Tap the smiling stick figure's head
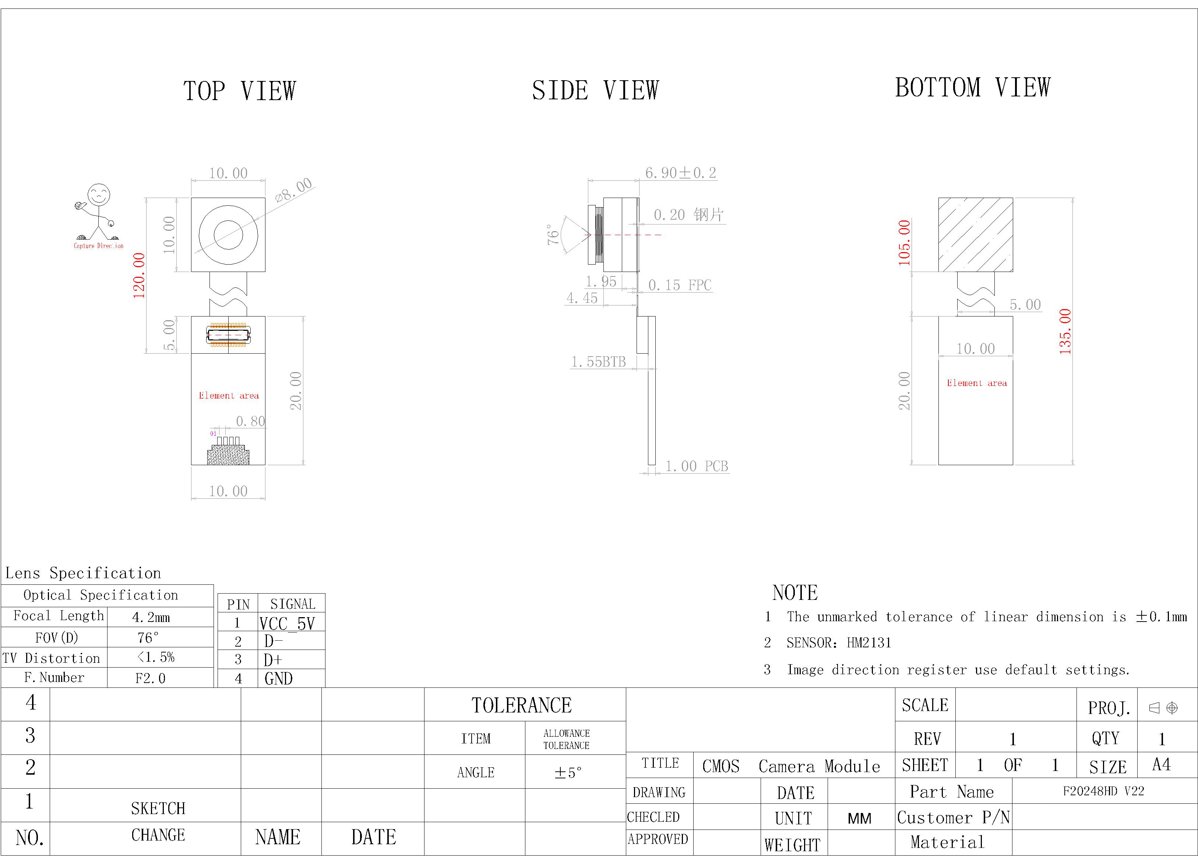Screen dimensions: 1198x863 tap(99, 194)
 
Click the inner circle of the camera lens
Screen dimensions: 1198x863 tap(228, 234)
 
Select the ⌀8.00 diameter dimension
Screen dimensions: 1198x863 tap(294, 190)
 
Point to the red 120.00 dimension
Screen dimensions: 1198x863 tap(138, 276)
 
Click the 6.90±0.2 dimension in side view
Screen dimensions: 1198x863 tap(680, 173)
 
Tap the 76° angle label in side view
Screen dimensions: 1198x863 tap(553, 234)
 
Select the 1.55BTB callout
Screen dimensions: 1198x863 tap(599, 362)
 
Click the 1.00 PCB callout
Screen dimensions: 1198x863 tap(697, 466)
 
